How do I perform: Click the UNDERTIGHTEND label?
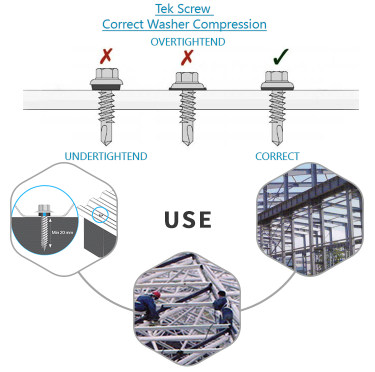click(106, 156)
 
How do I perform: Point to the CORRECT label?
click(277, 156)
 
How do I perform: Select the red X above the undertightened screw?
click(106, 56)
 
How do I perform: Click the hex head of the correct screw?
click(275, 77)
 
